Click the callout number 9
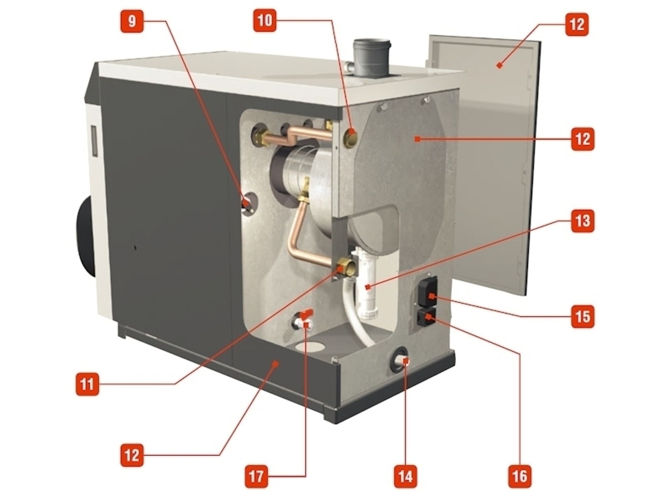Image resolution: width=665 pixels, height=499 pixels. (132, 21)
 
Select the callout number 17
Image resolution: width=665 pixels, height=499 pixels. (257, 477)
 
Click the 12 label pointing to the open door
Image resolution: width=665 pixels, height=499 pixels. (577, 24)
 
